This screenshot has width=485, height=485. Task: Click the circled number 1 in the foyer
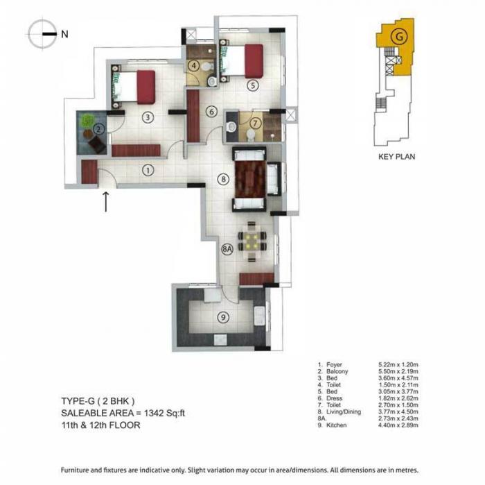pos(148,169)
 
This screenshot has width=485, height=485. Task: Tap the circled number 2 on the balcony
pos(99,128)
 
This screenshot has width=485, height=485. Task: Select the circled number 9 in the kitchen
pos(222,318)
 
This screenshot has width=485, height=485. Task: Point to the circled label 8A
pos(227,249)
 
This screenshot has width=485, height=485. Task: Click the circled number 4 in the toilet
pos(195,66)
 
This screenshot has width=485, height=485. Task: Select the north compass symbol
pos(44,33)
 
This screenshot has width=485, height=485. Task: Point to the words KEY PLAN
pos(396,157)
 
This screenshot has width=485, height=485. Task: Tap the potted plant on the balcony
pos(87,121)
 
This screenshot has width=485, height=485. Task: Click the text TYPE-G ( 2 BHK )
pos(93,401)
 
